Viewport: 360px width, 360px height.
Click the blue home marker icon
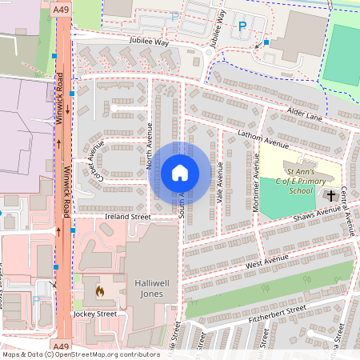[180, 173]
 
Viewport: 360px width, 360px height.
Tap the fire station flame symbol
[100, 290]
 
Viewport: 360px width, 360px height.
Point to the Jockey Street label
[94, 314]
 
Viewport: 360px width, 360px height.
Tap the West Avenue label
[267, 262]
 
